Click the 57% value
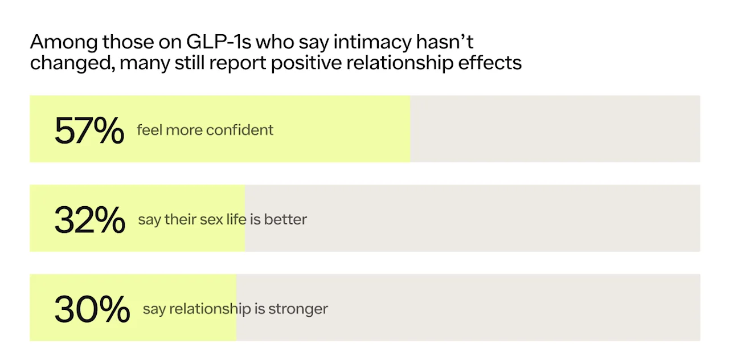pyautogui.click(x=89, y=130)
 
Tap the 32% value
pyautogui.click(x=90, y=220)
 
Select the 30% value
pyautogui.click(x=92, y=309)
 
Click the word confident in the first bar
pyautogui.click(x=240, y=130)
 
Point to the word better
pyautogui.click(x=285, y=219)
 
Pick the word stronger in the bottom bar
pyautogui.click(x=298, y=309)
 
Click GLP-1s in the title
pyautogui.click(x=219, y=42)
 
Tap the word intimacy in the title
pyautogui.click(x=372, y=43)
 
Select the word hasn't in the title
pyautogui.click(x=445, y=42)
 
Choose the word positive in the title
pyautogui.click(x=306, y=63)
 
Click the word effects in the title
pyautogui.click(x=490, y=62)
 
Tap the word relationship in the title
pyautogui.click(x=400, y=63)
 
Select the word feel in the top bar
pyautogui.click(x=149, y=130)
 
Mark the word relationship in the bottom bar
pyautogui.click(x=210, y=309)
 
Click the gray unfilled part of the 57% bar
pyautogui.click(x=555, y=129)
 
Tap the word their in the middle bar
pyautogui.click(x=180, y=219)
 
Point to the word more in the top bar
pyautogui.click(x=184, y=130)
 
